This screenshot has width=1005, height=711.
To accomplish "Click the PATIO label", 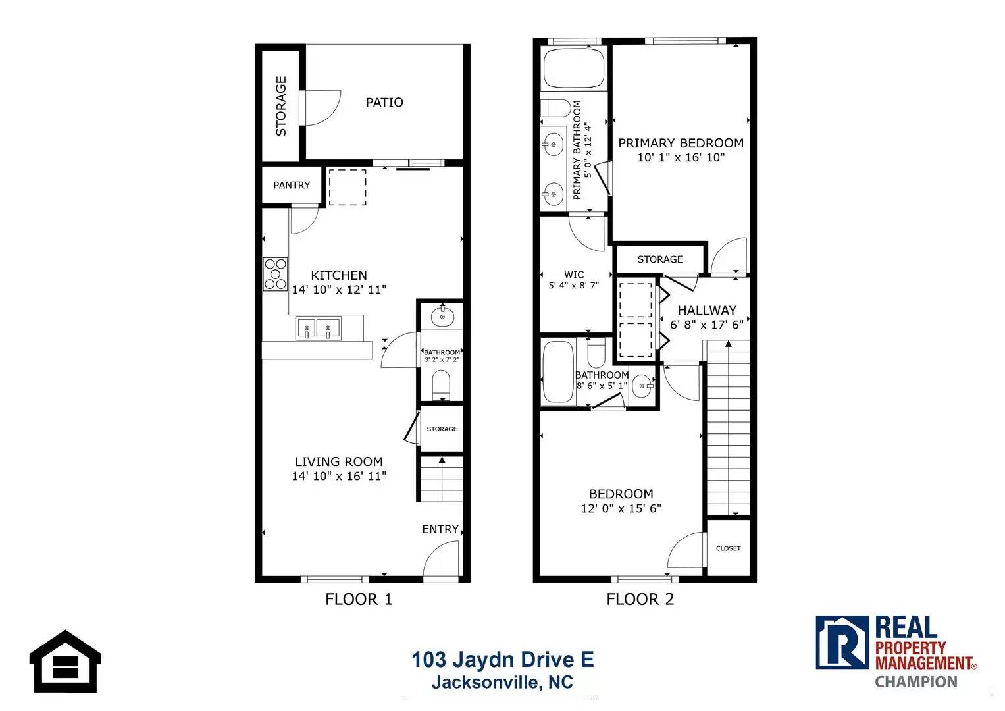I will (x=384, y=103).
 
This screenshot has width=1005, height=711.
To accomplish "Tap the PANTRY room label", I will (x=292, y=186).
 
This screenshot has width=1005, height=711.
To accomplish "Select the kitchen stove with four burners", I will (x=276, y=274).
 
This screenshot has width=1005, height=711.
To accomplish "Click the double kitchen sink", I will (x=318, y=328).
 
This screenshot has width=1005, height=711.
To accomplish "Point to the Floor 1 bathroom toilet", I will (x=441, y=384).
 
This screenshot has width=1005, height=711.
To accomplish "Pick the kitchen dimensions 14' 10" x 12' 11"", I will (x=339, y=290).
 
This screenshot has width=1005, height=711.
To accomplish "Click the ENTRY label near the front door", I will (x=440, y=529).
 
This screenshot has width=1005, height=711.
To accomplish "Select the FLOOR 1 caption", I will (x=359, y=599).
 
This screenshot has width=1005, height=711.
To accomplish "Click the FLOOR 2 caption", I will (x=640, y=599).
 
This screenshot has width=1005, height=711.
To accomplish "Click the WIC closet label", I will (x=574, y=275).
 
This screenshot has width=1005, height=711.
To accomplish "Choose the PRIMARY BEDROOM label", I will (x=681, y=144).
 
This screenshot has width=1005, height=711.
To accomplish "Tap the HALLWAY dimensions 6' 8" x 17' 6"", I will (x=707, y=325).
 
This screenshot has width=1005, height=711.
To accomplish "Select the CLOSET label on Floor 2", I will (x=728, y=548).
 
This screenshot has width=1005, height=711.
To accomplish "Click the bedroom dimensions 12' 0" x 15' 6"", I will (x=621, y=508).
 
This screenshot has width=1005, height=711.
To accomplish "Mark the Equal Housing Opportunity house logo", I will (x=65, y=661).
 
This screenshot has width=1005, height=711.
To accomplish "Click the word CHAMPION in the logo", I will (x=915, y=682).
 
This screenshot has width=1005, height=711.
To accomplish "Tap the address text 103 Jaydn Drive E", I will (x=502, y=660).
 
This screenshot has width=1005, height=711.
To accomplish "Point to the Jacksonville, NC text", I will (x=502, y=683).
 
